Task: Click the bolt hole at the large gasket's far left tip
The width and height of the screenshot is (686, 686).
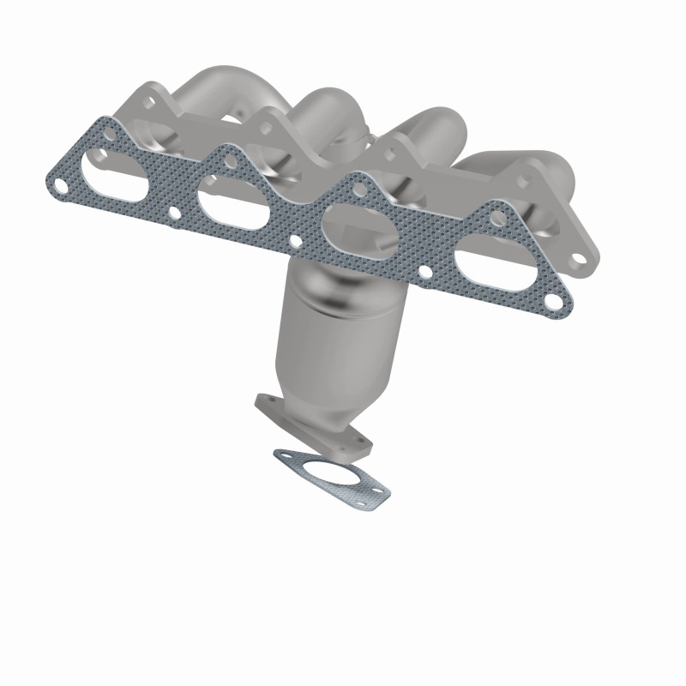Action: [60, 183]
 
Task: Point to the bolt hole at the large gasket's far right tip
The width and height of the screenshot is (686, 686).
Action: [558, 302]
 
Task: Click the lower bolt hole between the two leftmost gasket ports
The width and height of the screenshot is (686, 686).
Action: [175, 213]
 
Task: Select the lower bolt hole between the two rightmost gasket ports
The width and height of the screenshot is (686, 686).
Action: [424, 274]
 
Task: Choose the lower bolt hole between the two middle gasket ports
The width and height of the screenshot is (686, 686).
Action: [295, 243]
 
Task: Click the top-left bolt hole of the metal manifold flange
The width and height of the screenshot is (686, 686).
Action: [151, 101]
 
